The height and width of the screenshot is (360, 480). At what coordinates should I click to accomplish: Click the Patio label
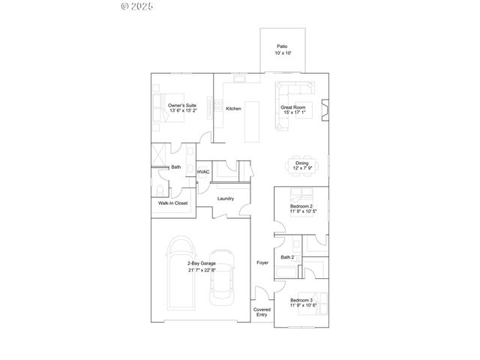click(x=282, y=46)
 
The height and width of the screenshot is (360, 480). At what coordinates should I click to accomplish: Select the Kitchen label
click(x=233, y=109)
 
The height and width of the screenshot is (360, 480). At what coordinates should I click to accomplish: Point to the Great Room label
click(x=293, y=107)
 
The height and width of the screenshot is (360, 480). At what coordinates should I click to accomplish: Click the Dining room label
click(x=301, y=163)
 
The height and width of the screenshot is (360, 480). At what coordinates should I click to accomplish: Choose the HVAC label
click(x=203, y=172)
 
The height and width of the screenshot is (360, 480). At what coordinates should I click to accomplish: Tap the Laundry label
click(x=225, y=199)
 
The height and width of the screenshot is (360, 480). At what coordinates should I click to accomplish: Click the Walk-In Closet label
click(x=172, y=203)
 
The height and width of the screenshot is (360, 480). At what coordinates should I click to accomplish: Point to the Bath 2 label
click(x=287, y=257)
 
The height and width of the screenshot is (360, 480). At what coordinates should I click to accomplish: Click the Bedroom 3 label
click(x=301, y=300)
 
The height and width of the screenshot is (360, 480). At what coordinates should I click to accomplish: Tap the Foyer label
click(x=262, y=262)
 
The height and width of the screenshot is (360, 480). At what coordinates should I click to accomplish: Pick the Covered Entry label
click(x=261, y=313)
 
